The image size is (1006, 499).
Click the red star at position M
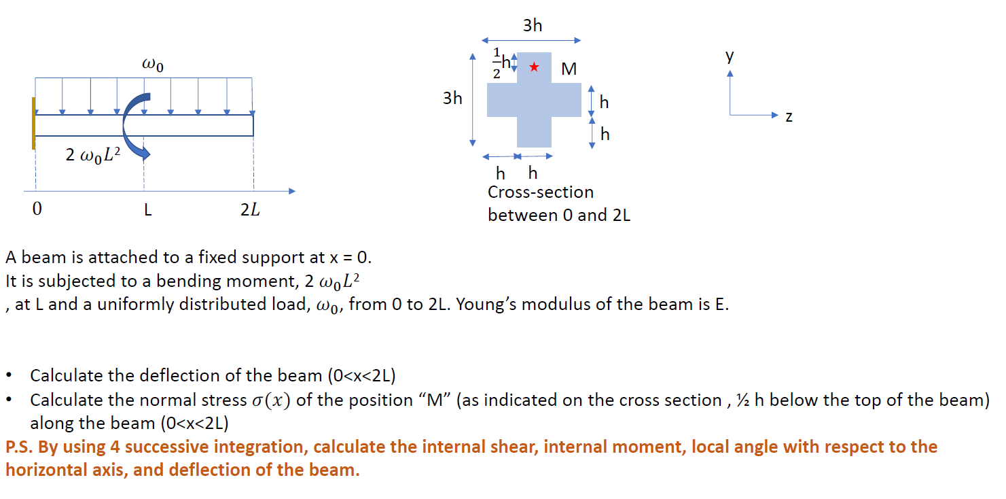(535, 67)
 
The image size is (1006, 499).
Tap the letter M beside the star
(569, 69)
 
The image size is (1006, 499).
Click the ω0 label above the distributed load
(152, 65)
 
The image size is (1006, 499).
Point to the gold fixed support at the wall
(33, 123)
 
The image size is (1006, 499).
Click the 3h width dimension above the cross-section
(533, 26)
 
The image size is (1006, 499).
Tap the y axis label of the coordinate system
(730, 56)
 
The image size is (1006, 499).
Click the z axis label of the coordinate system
(788, 117)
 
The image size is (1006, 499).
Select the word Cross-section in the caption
(541, 192)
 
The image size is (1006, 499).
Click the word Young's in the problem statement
(488, 303)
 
